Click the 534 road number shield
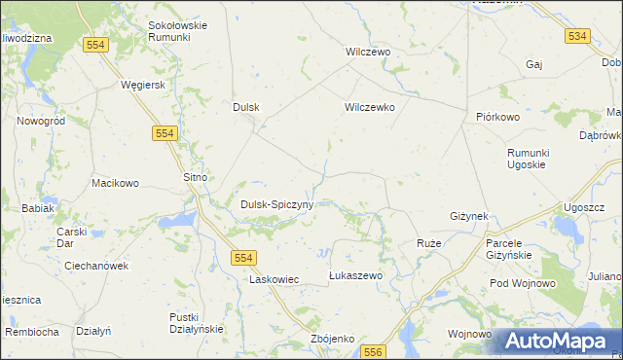click(x=577, y=36)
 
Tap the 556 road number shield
click(x=376, y=351)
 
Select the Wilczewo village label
click(x=368, y=52)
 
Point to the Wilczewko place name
click(x=369, y=108)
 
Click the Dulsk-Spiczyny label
click(x=276, y=205)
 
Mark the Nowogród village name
click(x=41, y=122)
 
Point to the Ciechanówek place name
click(x=96, y=266)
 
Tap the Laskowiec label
click(x=274, y=279)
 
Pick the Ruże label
click(x=428, y=242)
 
